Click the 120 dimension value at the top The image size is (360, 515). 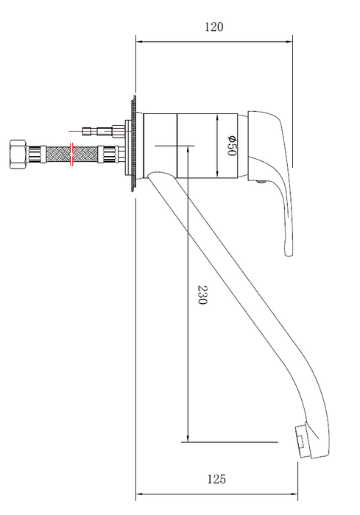pos(213,27)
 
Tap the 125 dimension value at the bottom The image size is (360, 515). pos(216,480)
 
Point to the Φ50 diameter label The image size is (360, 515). pos(230,146)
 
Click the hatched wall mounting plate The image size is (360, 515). pos(133,146)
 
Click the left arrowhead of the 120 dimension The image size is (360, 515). pos(138,41)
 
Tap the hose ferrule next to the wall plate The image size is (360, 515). pos(110,155)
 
